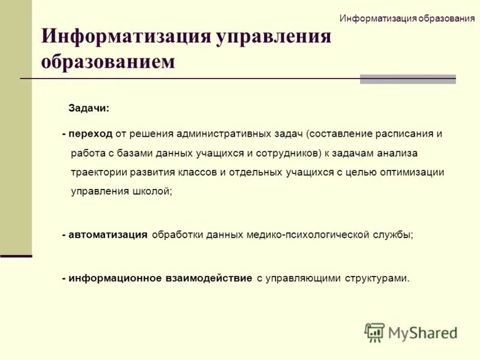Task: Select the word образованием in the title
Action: point(108,61)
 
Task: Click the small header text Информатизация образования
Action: point(407,17)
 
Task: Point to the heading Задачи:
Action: point(89,109)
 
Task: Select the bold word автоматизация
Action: point(108,235)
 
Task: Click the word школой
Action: point(157,191)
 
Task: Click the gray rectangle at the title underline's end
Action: point(407,79)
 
